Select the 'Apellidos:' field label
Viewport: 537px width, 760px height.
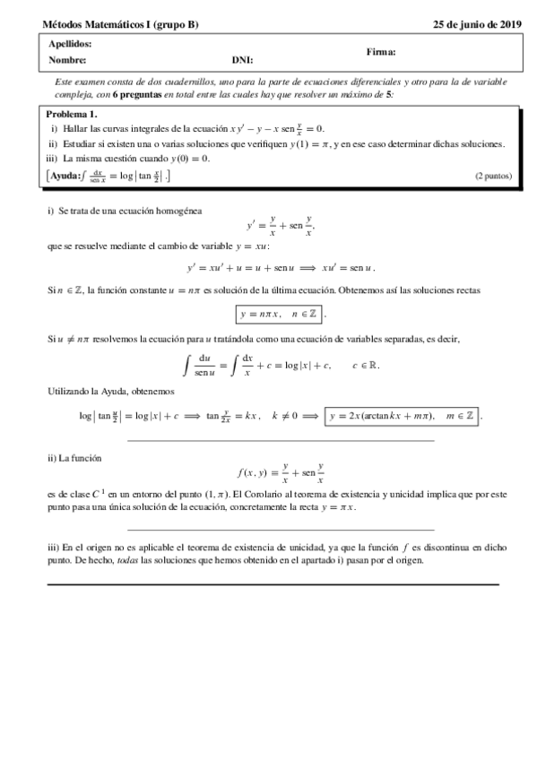click(69, 44)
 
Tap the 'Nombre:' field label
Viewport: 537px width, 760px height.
click(67, 60)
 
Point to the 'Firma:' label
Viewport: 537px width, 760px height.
click(381, 52)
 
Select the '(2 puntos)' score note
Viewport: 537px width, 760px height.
click(493, 177)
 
